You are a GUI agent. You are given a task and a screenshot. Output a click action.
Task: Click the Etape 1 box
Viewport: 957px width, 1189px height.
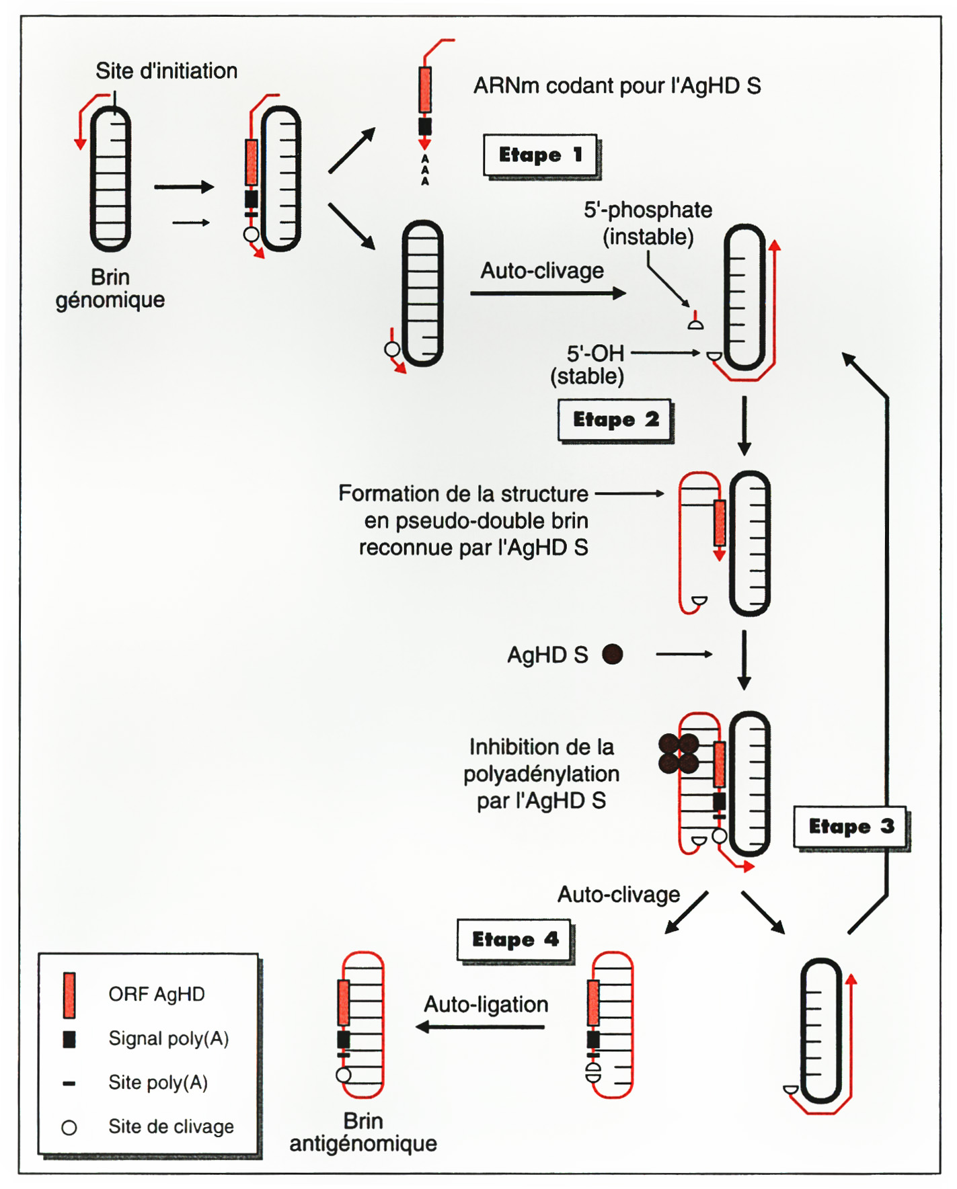[x=540, y=155]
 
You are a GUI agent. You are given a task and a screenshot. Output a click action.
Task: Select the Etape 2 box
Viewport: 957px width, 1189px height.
[x=615, y=420]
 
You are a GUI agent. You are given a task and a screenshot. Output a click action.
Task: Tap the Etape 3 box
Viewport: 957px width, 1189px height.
[x=850, y=826]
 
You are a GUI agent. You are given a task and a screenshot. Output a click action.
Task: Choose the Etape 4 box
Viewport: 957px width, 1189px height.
[x=514, y=939]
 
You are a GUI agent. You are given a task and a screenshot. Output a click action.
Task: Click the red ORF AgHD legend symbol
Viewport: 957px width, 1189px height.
[x=69, y=995]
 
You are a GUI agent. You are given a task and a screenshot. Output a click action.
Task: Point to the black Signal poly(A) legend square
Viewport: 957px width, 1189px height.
[x=69, y=1039]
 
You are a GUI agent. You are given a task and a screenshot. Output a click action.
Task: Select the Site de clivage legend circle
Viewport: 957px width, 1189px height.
[x=69, y=1127]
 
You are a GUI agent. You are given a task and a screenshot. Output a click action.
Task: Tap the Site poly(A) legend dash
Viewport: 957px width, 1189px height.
[x=69, y=1083]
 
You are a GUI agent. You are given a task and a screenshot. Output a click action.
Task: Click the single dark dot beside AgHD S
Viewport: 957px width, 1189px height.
[x=612, y=654]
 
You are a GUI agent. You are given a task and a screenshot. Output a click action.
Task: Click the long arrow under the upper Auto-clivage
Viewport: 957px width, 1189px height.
[x=547, y=293]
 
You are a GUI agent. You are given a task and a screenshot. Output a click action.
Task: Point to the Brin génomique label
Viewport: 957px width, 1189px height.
[x=110, y=288]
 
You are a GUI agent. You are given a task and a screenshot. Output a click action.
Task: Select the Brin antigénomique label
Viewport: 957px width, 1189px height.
[x=363, y=1132]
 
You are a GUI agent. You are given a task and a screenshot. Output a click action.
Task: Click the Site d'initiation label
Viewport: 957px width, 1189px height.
[x=166, y=71]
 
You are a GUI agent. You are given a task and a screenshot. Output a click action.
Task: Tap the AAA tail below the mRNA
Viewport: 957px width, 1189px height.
[x=424, y=170]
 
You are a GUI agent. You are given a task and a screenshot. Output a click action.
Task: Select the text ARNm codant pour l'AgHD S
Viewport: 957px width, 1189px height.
[x=617, y=86]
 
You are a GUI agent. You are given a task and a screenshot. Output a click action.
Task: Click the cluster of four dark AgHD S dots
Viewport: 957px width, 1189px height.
[x=679, y=753]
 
